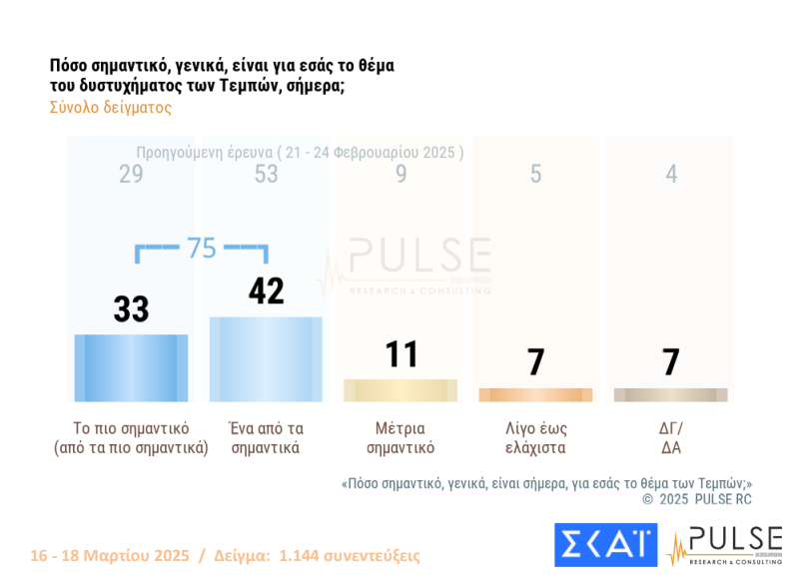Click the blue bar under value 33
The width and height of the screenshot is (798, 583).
(x=131, y=367)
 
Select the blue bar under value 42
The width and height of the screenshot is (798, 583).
(x=266, y=359)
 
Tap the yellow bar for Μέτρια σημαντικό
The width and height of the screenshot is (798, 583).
(x=400, y=390)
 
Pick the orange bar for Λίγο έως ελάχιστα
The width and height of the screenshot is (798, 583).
(x=535, y=394)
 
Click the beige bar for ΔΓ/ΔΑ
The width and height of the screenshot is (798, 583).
(x=670, y=394)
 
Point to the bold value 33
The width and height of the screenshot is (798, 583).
(x=131, y=309)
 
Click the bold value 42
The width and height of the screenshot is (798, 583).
(x=266, y=291)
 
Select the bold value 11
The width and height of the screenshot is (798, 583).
(x=400, y=354)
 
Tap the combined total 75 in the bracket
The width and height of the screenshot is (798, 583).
(x=202, y=249)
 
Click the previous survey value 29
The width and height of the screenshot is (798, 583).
(x=131, y=175)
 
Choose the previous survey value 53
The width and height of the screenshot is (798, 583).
(x=266, y=175)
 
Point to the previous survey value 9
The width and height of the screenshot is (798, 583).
(x=400, y=175)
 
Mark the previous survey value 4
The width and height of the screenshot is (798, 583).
(x=671, y=175)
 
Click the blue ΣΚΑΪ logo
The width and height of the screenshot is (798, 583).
(x=605, y=545)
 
